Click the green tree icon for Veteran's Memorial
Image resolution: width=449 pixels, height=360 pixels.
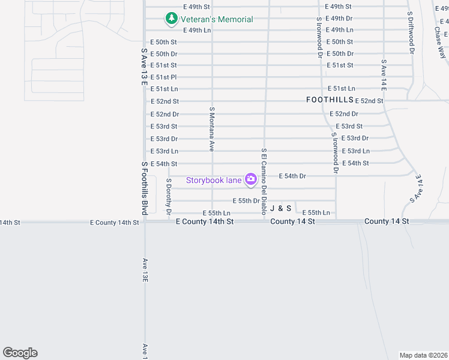tap(172, 19)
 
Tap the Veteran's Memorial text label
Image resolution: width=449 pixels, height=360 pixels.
tap(217, 19)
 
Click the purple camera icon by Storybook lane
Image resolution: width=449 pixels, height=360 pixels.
tap(251, 179)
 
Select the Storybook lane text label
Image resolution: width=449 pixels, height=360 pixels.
tap(214, 179)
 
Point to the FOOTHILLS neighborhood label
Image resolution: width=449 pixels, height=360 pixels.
tap(330, 100)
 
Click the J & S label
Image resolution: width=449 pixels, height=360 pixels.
tap(281, 208)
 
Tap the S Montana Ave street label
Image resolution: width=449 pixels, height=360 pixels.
tap(212, 128)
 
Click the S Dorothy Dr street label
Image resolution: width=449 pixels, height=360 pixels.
tap(169, 196)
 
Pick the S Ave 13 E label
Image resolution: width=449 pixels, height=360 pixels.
tap(144, 67)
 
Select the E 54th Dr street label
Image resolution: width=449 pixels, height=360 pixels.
tap(293, 176)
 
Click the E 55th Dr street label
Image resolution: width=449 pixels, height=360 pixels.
tap(246, 201)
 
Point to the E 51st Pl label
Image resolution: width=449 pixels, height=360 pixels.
tap(163, 77)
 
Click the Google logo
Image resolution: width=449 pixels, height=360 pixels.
tap(20, 353)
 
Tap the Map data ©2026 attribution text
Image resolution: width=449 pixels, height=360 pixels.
tap(423, 355)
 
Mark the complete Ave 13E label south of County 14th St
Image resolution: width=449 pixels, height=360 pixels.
tap(145, 271)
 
